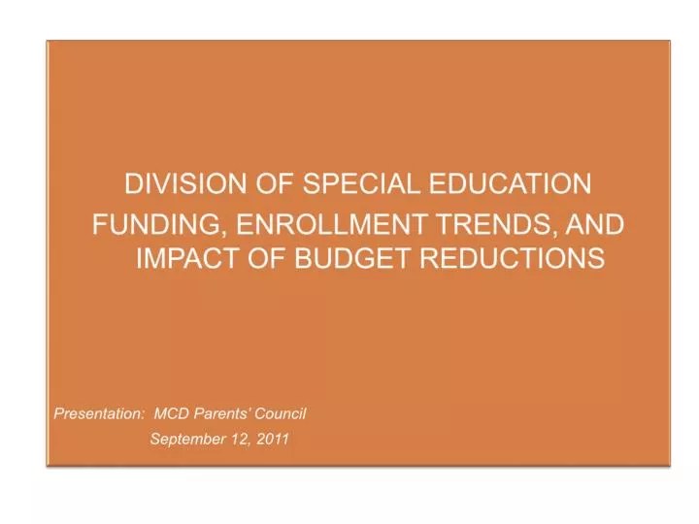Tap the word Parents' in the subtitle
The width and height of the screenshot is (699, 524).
(x=225, y=413)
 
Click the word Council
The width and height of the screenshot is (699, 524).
(x=283, y=413)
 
